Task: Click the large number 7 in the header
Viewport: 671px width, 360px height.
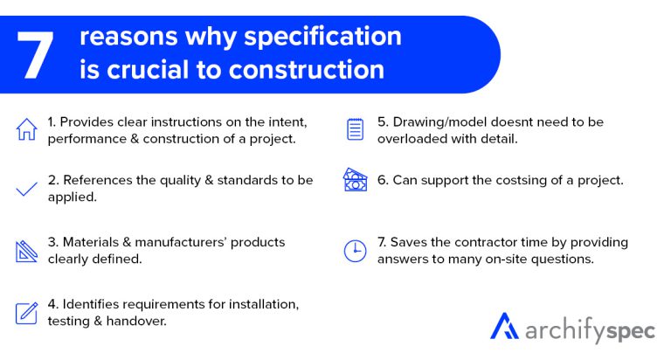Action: click(x=38, y=52)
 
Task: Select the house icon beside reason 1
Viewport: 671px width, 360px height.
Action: click(x=27, y=129)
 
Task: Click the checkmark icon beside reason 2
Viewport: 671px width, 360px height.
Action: click(x=27, y=189)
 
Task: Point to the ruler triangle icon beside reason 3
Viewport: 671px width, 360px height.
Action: click(x=27, y=251)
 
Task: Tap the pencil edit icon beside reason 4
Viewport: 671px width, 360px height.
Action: click(x=27, y=312)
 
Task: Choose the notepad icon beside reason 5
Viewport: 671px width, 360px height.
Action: click(x=355, y=129)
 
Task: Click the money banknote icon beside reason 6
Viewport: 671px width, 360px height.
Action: click(x=354, y=181)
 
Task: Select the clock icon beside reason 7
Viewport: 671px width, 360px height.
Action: click(x=355, y=251)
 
